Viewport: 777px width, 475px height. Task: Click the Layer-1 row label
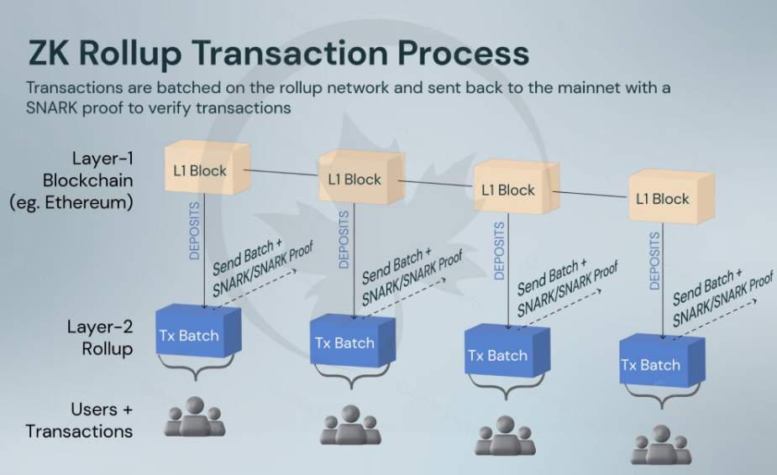click(102, 159)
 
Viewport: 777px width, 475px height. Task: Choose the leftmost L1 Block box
click(202, 170)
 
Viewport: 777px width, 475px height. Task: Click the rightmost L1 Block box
click(664, 198)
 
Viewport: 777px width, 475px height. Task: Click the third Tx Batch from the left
click(498, 353)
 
